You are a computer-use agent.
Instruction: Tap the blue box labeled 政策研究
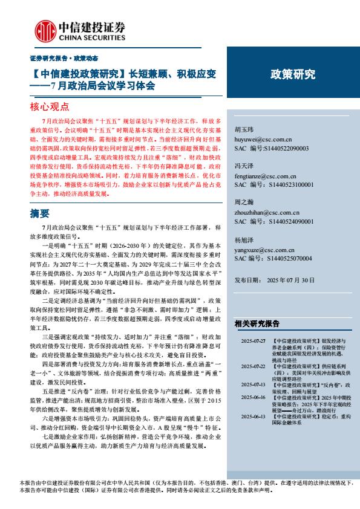pos(292,74)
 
